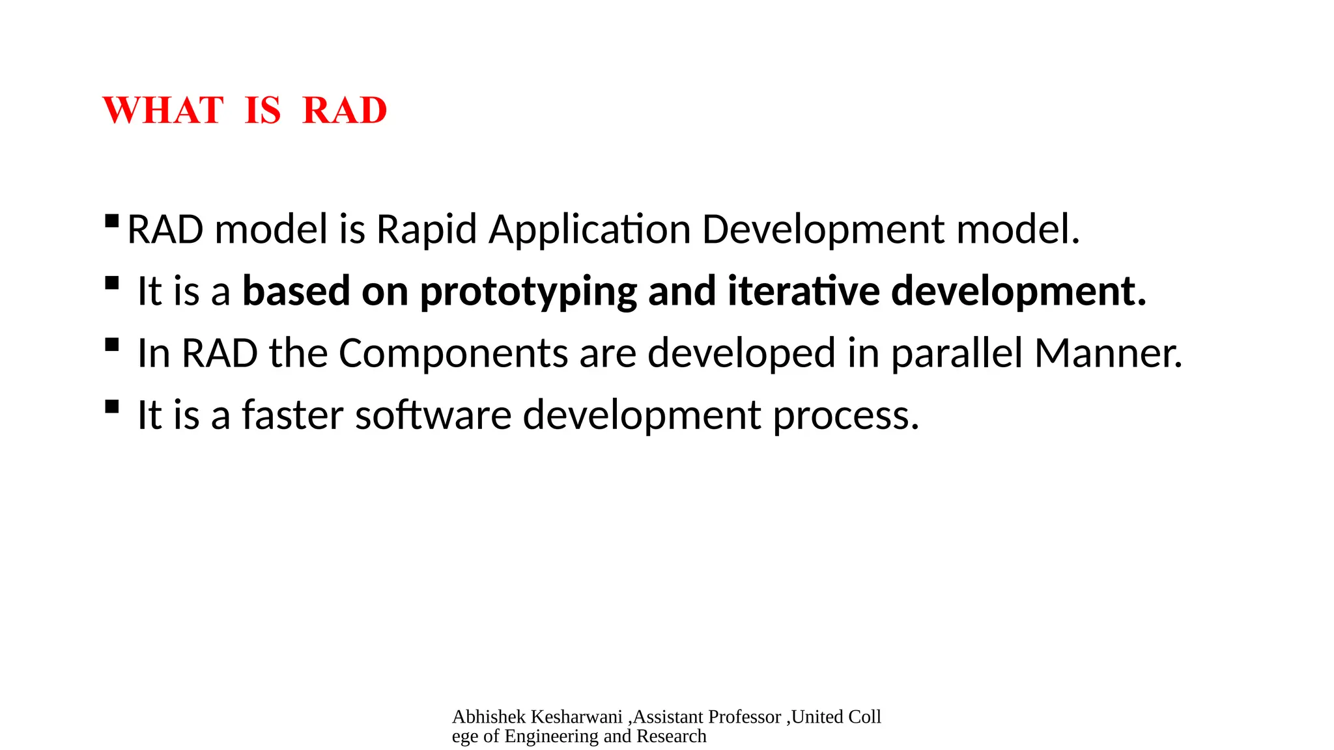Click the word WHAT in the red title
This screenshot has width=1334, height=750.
tap(163, 110)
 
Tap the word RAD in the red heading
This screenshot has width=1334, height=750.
tap(345, 110)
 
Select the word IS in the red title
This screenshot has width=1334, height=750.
tap(263, 110)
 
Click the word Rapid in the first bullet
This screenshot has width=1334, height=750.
tap(427, 230)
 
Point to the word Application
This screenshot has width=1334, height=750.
tap(589, 230)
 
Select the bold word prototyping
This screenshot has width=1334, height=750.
tap(528, 291)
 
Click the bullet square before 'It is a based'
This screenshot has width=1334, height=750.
tap(111, 283)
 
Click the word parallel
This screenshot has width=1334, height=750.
tap(956, 354)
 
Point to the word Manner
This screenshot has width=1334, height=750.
tap(1107, 354)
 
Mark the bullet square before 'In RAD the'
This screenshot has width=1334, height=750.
tap(111, 344)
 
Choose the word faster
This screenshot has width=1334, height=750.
tap(292, 415)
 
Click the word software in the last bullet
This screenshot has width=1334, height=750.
tap(433, 415)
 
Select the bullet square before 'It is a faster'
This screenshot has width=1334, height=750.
tap(111, 407)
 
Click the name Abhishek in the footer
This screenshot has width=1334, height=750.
tap(489, 717)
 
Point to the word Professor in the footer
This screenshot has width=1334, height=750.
tap(744, 717)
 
